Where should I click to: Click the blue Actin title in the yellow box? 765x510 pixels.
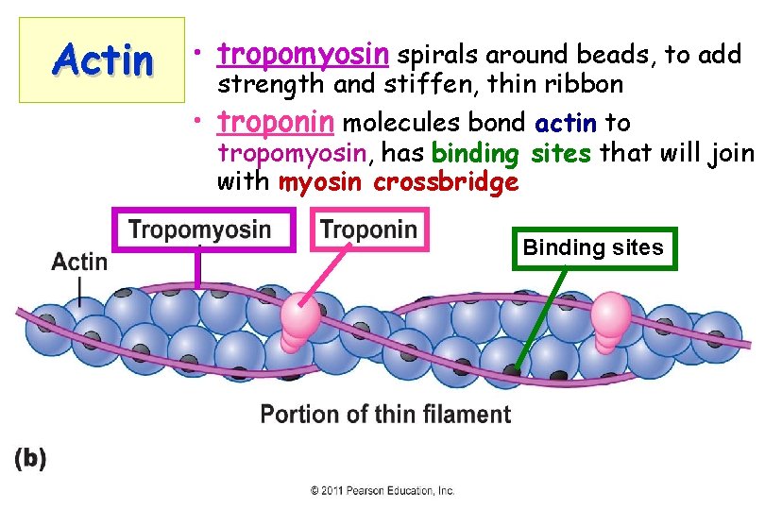click(104, 60)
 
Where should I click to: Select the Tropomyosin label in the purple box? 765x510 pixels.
click(199, 229)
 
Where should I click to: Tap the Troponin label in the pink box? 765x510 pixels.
click(368, 229)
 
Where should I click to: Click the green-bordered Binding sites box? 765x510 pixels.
click(594, 248)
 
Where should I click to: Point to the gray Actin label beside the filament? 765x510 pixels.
click(79, 262)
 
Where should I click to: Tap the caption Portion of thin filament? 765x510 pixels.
click(385, 415)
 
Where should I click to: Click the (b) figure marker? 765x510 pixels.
click(30, 458)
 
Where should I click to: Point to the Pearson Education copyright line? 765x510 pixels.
click(383, 491)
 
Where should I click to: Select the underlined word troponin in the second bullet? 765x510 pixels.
click(276, 123)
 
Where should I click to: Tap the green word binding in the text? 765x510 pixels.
click(476, 153)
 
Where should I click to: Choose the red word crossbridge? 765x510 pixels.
click(446, 182)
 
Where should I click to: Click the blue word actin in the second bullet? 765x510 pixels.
click(565, 123)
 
